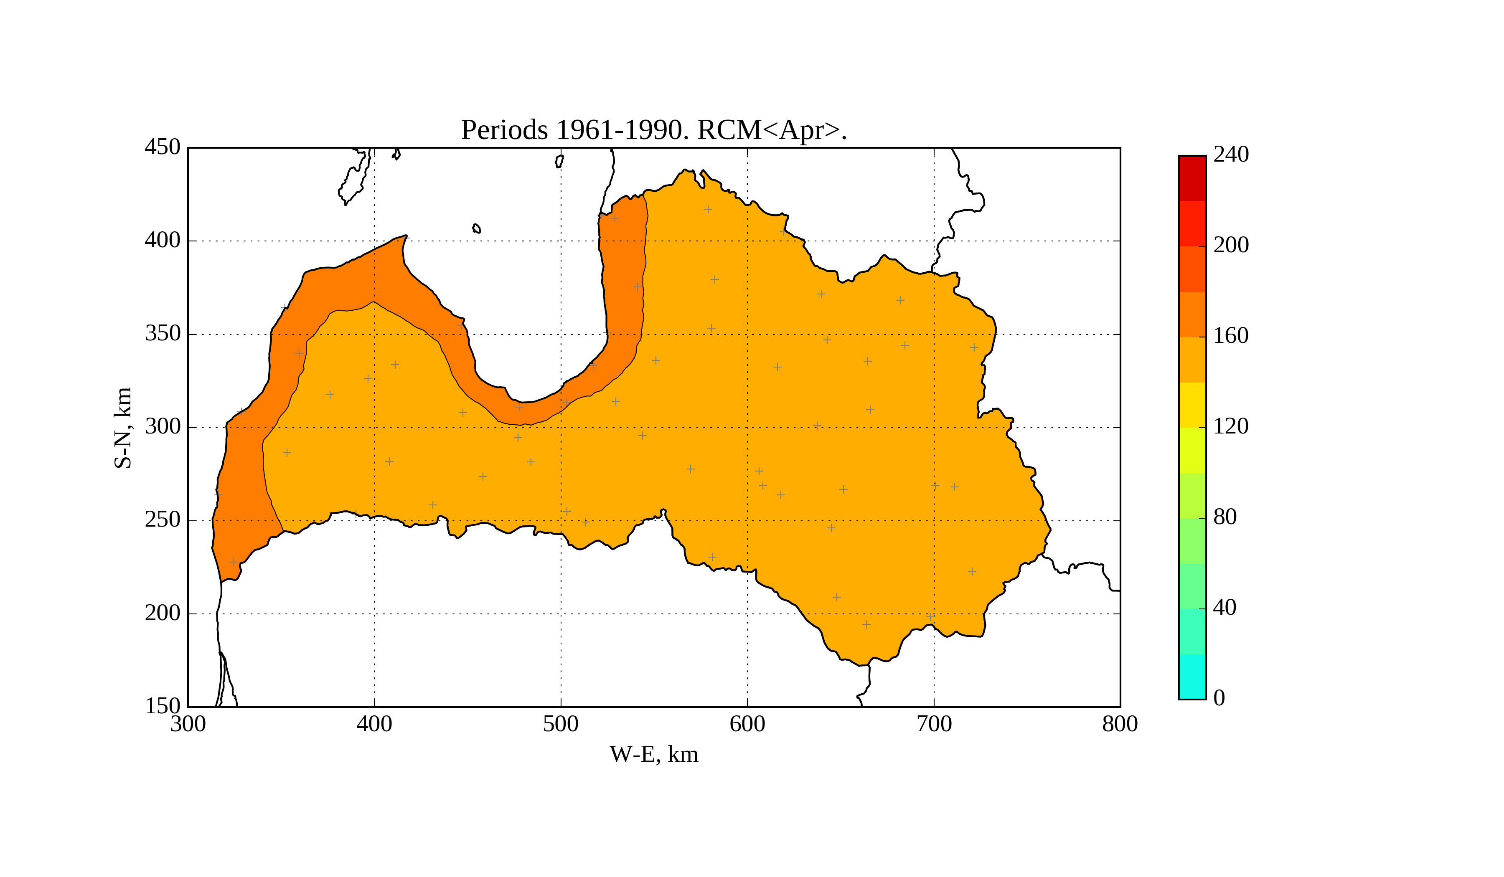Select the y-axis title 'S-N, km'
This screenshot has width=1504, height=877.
tap(123, 427)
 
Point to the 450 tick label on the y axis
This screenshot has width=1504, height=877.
tap(163, 147)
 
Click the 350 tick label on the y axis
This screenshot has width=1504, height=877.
tap(163, 334)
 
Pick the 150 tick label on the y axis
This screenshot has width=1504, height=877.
tap(163, 706)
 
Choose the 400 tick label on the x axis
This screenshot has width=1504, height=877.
tap(374, 724)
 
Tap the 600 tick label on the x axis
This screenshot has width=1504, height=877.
tap(747, 724)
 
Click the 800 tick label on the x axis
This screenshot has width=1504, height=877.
tap(1120, 724)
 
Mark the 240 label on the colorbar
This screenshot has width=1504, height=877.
tap(1231, 155)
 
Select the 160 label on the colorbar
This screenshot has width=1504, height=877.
tap(1231, 336)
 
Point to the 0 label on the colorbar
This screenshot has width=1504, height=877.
tap(1219, 698)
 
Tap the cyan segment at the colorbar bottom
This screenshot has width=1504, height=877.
tap(1192, 676)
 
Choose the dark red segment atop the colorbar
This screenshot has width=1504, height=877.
tap(1192, 178)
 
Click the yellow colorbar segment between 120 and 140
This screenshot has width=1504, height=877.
tap(1192, 405)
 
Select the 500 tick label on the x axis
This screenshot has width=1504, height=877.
tap(560, 724)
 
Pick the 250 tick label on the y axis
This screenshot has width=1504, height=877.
tap(163, 520)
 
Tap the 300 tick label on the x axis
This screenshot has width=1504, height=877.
tap(188, 724)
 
